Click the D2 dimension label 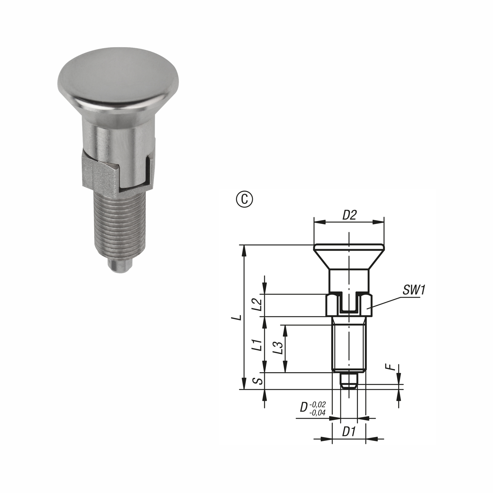349,215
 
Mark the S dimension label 259,381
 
